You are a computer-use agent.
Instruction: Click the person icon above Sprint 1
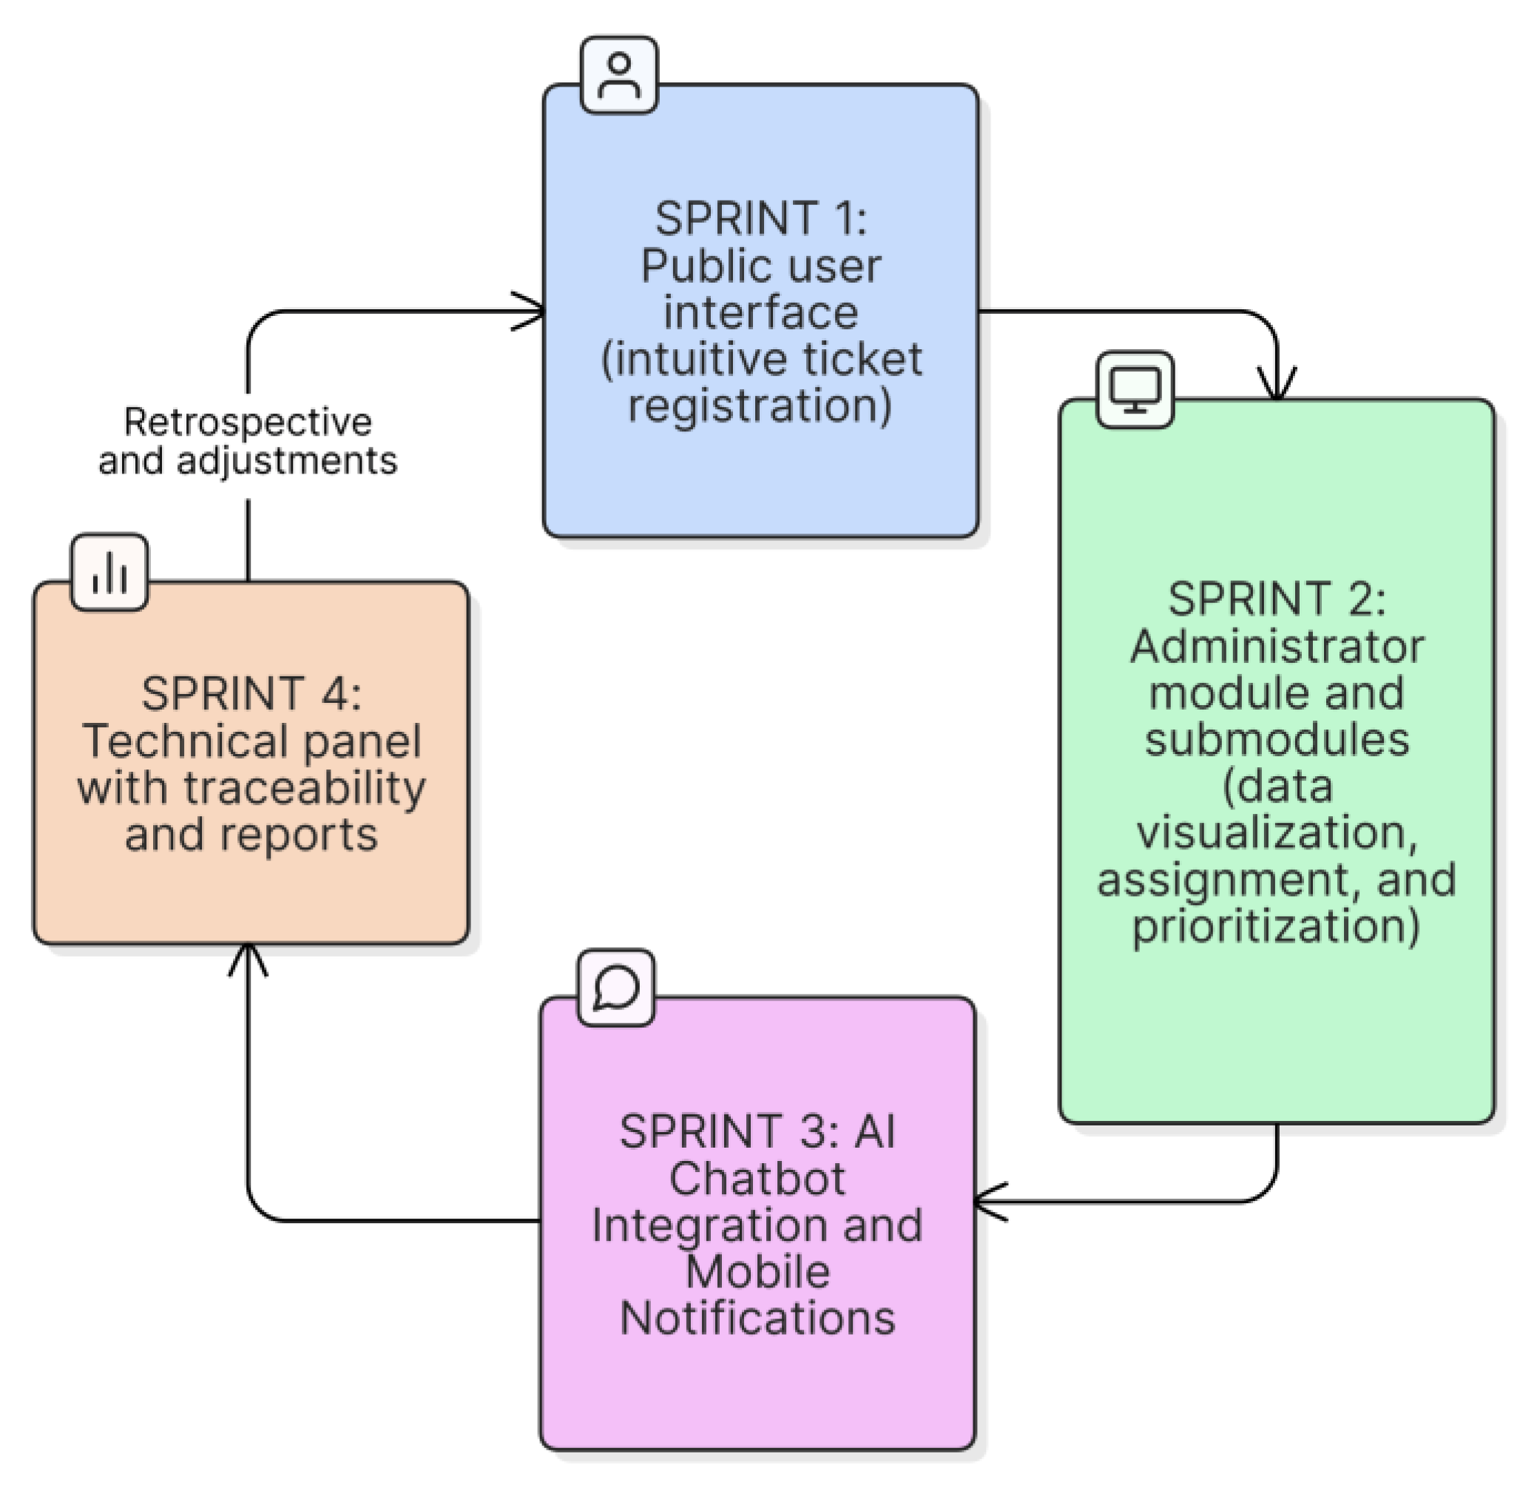click(x=619, y=75)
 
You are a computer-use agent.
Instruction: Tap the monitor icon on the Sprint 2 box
click(x=1134, y=390)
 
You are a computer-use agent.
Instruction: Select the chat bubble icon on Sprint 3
click(x=615, y=987)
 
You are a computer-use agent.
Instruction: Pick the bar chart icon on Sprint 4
click(x=109, y=573)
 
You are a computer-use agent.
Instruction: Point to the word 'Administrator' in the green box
click(x=1276, y=647)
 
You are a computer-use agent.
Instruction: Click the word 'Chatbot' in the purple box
click(x=757, y=1178)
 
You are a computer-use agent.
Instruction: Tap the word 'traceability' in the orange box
click(x=305, y=787)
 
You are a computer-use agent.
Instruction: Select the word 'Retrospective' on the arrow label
click(x=248, y=423)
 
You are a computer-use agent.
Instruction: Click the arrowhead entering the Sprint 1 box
click(x=533, y=312)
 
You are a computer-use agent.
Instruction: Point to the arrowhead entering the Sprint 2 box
click(x=1277, y=388)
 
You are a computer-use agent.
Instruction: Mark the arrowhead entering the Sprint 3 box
click(x=985, y=1202)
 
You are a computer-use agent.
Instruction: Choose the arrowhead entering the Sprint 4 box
click(x=248, y=955)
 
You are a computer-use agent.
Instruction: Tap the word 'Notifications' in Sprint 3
click(x=757, y=1319)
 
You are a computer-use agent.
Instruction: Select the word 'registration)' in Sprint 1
click(x=760, y=406)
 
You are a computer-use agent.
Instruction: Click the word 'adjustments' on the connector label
click(x=287, y=460)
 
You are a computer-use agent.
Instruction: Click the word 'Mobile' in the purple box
click(x=757, y=1271)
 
